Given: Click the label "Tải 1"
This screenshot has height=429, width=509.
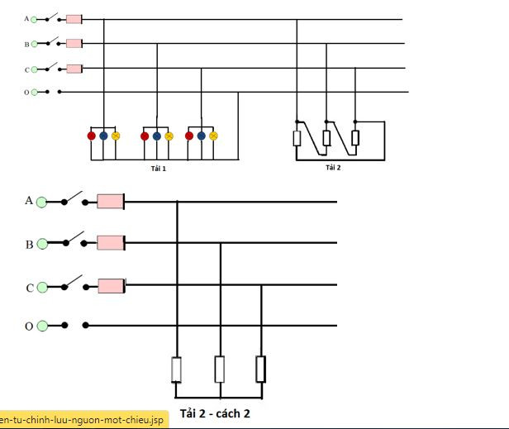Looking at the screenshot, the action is click(159, 169).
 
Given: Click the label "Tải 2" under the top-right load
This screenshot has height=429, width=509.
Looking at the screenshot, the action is click(333, 168).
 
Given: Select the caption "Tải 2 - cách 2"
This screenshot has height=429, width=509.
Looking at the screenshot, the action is click(215, 413).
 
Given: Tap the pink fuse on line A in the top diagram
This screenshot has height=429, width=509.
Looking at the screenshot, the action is click(74, 19).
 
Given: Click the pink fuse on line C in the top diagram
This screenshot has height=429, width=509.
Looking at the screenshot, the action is click(74, 69).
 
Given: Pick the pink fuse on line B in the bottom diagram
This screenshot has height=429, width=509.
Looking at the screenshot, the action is click(111, 243).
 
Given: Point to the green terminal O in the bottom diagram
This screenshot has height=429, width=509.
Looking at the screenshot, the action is click(42, 326).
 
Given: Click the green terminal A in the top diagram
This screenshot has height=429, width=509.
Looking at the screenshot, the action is click(34, 20).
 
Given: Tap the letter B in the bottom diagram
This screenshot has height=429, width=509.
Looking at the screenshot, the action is click(29, 244).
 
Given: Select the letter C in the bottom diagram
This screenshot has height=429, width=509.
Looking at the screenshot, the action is click(30, 288).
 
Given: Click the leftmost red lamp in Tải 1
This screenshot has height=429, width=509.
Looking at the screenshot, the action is click(92, 136).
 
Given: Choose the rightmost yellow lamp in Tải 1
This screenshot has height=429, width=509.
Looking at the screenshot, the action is click(213, 136).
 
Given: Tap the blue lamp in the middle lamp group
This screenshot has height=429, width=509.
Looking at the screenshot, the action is click(157, 136).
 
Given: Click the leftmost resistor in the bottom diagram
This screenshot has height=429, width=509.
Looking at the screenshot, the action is click(176, 369).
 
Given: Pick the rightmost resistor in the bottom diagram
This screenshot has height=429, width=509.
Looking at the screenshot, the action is click(261, 369).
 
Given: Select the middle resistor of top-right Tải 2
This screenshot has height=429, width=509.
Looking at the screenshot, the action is click(326, 138).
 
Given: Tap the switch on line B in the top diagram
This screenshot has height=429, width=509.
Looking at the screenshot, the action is click(52, 41).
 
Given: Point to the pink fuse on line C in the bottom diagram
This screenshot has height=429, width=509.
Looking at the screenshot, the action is click(112, 286).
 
